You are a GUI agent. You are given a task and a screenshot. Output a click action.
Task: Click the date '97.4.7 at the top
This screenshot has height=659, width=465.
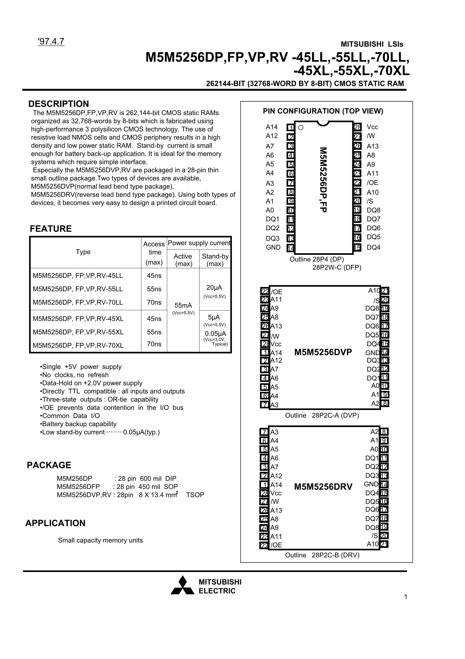coord(51,42)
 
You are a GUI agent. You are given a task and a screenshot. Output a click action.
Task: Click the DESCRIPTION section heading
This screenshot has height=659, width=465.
coord(59,104)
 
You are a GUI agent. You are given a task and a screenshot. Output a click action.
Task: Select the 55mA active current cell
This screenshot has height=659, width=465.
coord(183,305)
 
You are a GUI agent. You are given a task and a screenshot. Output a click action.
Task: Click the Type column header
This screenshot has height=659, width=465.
coord(83,252)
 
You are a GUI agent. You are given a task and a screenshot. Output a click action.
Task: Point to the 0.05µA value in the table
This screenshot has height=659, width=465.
coord(215,334)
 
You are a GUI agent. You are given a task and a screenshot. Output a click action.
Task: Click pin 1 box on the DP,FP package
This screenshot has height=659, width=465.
coord(291,128)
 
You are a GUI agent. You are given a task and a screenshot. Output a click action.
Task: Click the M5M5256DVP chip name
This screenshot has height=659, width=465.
coord(323,352)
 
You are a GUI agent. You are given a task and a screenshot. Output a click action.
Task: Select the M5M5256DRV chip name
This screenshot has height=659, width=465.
coord(323,487)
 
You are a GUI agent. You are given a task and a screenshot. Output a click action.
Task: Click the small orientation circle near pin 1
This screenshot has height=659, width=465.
coord(301,128)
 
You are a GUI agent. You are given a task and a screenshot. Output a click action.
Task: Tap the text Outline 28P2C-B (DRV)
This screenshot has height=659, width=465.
coord(322,555)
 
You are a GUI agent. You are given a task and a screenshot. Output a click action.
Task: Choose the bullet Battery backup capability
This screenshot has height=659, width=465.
coord(78,424)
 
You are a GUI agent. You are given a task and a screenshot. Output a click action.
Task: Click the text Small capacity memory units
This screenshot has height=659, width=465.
coord(100,540)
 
